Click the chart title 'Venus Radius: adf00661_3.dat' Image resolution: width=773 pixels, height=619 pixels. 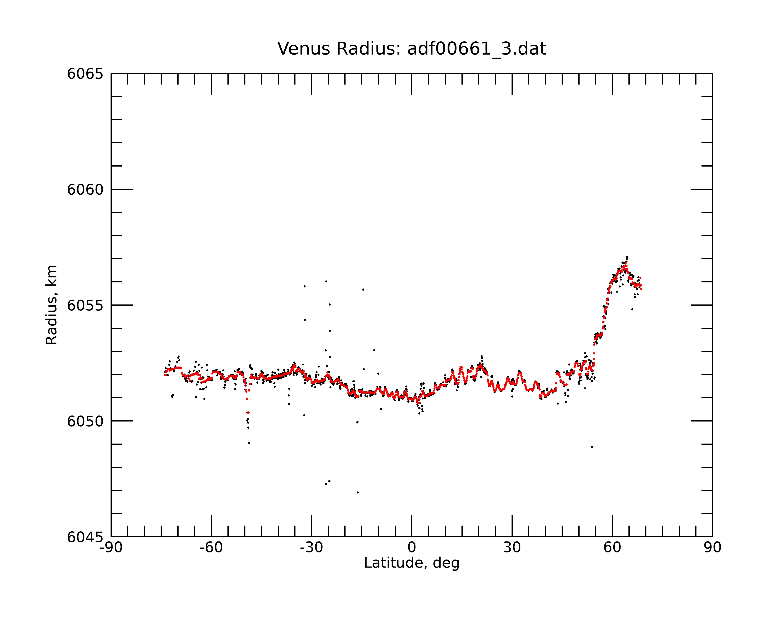tap(412, 49)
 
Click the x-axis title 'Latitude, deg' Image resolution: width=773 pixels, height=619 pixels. tap(412, 563)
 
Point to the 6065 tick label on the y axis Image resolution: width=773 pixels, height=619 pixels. tap(85, 74)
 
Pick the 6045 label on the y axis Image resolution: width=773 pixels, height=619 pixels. tap(85, 537)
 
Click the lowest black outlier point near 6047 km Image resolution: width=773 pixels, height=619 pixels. tap(358, 492)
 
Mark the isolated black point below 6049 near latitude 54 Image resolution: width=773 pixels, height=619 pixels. tap(592, 447)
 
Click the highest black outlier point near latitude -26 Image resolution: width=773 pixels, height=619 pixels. tap(326, 281)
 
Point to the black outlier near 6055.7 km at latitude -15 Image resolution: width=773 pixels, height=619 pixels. tap(363, 289)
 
